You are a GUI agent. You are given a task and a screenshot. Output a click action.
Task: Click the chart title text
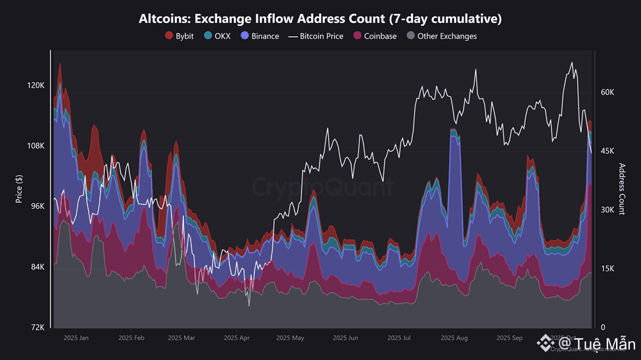point(320,18)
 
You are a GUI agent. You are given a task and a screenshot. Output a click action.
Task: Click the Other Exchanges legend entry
point(442,36)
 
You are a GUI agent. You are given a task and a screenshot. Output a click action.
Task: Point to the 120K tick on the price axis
point(35,85)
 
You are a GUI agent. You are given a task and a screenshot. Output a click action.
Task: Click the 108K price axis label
point(35,146)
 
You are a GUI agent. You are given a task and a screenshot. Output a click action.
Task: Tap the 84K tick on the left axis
point(36,267)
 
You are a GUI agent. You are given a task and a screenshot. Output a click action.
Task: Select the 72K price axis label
point(36,327)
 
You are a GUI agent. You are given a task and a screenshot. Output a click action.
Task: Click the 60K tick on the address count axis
point(607,93)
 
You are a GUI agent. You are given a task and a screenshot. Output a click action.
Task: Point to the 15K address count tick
point(607,269)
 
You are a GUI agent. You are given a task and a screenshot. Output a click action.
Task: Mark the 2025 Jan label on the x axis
point(75,338)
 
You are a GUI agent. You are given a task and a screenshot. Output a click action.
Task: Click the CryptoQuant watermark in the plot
point(323,187)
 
